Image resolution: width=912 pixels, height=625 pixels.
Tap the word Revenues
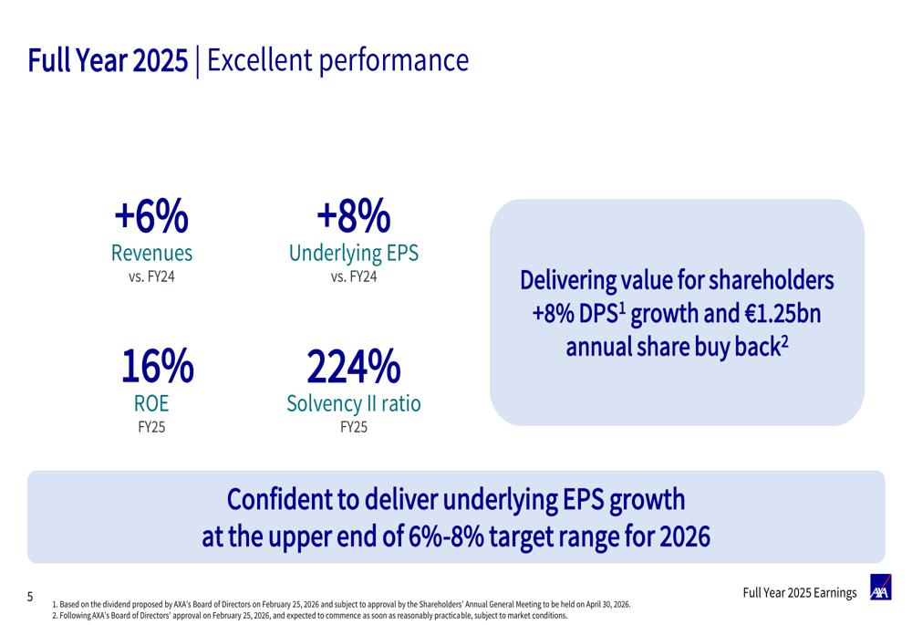tap(151, 252)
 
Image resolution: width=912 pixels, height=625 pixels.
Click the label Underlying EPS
tap(354, 252)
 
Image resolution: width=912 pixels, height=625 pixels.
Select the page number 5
tap(30, 598)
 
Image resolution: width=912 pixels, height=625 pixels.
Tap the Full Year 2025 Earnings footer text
tap(800, 594)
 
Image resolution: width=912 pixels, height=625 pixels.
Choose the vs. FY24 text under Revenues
tap(151, 276)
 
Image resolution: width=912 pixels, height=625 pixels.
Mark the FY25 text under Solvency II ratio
tap(354, 426)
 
